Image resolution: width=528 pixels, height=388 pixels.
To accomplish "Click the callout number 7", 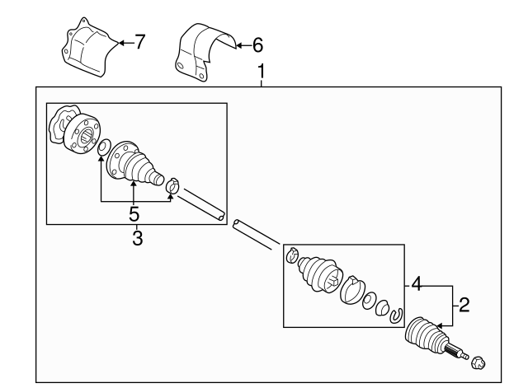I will click(x=139, y=42).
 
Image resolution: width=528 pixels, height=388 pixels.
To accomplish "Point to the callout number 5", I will click(x=134, y=214).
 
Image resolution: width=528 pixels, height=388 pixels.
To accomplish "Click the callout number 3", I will click(x=137, y=239).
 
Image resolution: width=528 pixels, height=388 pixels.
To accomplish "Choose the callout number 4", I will click(x=418, y=285).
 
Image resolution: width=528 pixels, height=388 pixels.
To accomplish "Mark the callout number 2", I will click(x=464, y=306).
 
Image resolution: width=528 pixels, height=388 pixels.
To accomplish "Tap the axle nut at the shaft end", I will click(x=477, y=360).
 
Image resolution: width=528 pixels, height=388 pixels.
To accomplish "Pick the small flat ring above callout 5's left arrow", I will click(x=103, y=149).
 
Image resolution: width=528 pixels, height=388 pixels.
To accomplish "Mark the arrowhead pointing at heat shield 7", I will click(x=120, y=41).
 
